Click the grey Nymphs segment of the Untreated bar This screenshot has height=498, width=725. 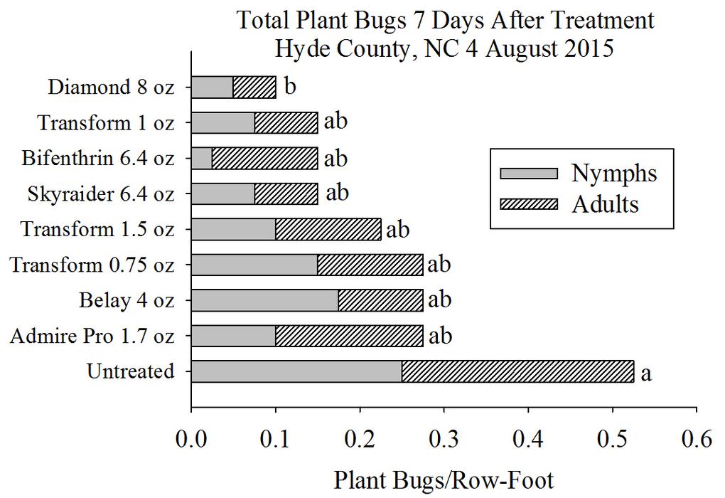pyautogui.click(x=296, y=371)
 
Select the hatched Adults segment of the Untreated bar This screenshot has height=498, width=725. pyautogui.click(x=517, y=371)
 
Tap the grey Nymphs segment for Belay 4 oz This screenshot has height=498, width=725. pyautogui.click(x=265, y=300)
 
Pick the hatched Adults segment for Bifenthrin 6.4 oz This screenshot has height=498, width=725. pyautogui.click(x=265, y=158)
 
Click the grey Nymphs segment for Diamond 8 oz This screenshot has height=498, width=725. pyautogui.click(x=213, y=88)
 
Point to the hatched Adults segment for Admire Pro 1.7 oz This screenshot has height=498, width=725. pyautogui.click(x=349, y=336)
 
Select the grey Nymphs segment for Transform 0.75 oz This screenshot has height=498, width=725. pyautogui.click(x=254, y=265)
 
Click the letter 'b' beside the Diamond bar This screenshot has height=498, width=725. pyautogui.click(x=290, y=88)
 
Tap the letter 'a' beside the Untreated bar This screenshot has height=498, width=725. pyautogui.click(x=645, y=373)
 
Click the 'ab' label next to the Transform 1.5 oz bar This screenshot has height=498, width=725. pyautogui.click(x=397, y=230)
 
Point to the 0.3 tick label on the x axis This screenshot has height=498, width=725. pyautogui.click(x=444, y=439)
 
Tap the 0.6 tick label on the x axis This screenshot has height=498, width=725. pyautogui.click(x=696, y=439)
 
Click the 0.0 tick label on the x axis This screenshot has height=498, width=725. pyautogui.click(x=191, y=439)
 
